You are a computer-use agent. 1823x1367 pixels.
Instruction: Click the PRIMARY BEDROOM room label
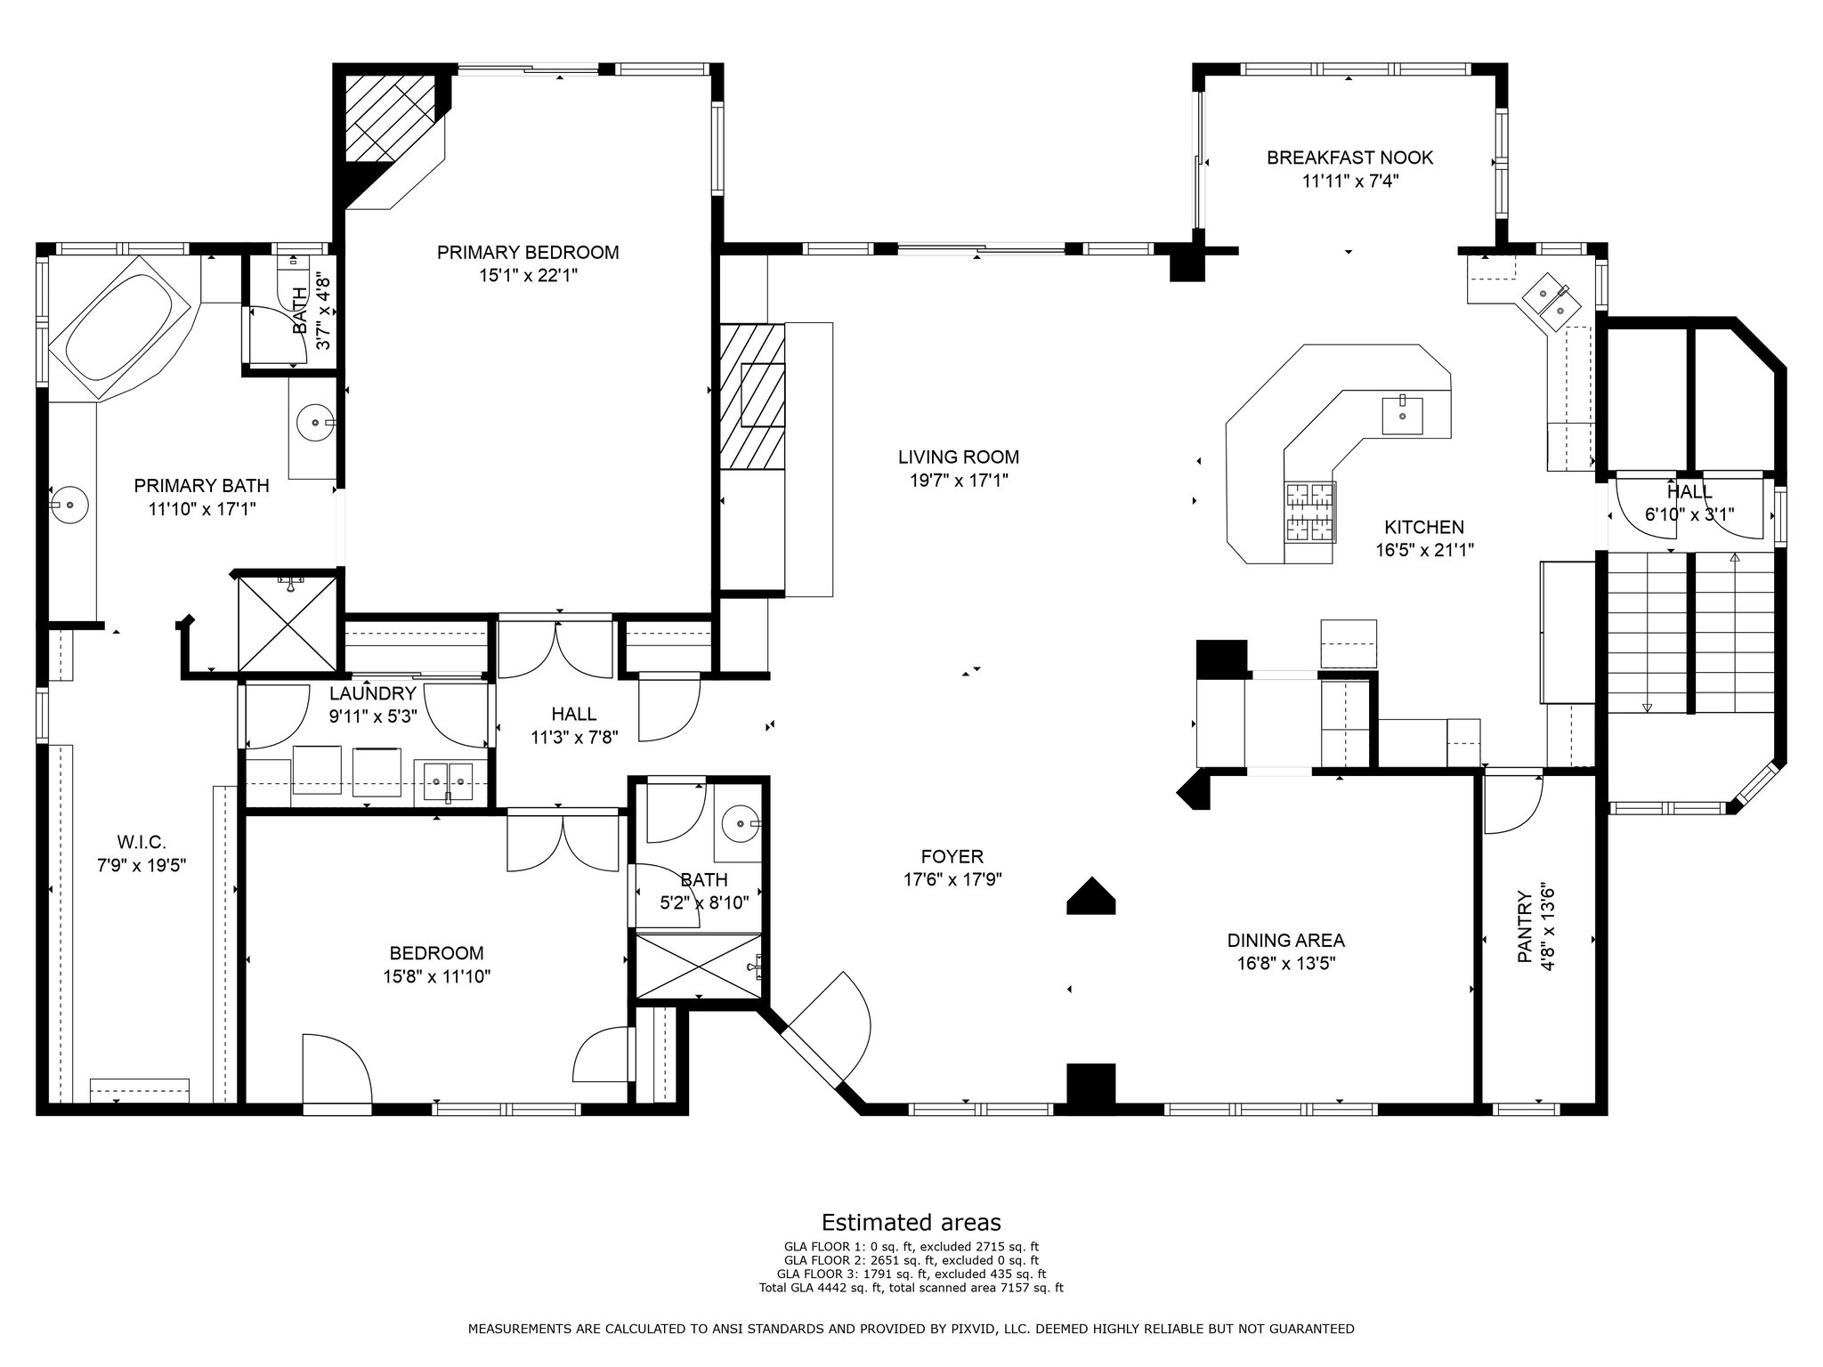(528, 253)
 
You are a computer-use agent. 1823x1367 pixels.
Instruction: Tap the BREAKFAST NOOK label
(1350, 158)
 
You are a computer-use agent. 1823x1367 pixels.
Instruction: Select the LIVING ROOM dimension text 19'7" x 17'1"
(959, 481)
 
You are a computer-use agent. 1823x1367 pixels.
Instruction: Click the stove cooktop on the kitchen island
(1309, 512)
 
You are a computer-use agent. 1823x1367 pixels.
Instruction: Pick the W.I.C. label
(142, 842)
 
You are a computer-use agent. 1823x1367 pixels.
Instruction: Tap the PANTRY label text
(1526, 926)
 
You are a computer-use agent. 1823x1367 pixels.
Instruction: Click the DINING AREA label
(1285, 941)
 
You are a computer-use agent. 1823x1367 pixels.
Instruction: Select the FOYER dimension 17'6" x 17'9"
(952, 880)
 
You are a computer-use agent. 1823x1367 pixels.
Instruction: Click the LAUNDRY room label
(373, 694)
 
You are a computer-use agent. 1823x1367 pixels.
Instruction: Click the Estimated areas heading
(911, 1222)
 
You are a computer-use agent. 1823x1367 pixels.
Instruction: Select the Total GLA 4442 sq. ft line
(911, 1287)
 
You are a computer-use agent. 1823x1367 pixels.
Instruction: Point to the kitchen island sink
(1402, 416)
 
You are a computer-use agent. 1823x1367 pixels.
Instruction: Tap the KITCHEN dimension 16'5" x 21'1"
(1424, 551)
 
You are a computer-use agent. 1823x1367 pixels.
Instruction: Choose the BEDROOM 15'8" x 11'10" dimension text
(437, 976)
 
